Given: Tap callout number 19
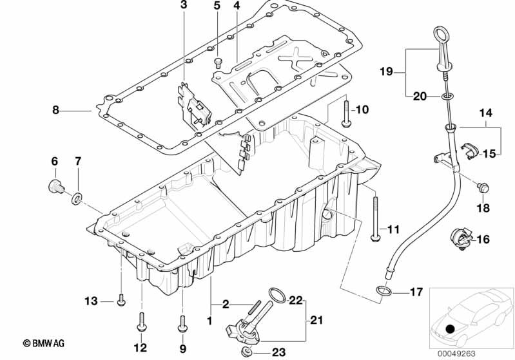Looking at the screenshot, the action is point(386,71).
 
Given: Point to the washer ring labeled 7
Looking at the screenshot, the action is point(77,198).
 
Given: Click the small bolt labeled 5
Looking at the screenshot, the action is point(217,62).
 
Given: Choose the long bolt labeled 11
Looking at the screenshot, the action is point(375,219).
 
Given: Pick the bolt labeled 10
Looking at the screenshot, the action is point(346,114).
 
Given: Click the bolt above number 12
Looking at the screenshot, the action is point(142,322).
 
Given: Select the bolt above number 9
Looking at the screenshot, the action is point(182,323).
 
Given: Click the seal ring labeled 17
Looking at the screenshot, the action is point(384,290).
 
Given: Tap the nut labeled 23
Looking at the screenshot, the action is point(247,352).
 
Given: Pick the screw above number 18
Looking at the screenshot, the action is point(483,188).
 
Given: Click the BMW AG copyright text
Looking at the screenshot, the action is point(44,343).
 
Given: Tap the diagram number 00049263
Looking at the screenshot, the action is point(456,354).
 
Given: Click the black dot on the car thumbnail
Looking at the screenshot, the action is point(451,328).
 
